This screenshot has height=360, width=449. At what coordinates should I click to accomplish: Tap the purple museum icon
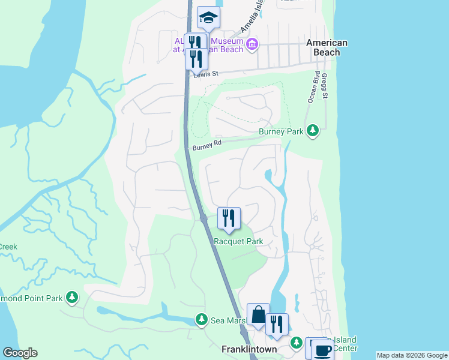tap(253, 43)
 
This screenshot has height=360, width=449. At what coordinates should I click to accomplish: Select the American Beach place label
tap(327, 47)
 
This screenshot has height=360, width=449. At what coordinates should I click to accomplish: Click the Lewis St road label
tap(205, 73)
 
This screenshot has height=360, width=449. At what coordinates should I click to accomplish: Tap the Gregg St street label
tap(325, 87)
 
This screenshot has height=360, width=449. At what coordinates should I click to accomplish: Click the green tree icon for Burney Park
tap(312, 130)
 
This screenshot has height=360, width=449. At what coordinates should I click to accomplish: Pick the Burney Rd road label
tap(207, 145)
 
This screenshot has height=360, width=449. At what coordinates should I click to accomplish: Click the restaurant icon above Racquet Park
tap(228, 218)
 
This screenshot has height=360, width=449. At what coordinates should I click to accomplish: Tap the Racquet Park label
tap(239, 241)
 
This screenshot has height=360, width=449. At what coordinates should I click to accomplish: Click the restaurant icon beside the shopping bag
tap(277, 325)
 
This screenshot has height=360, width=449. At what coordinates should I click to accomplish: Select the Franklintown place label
tap(249, 349)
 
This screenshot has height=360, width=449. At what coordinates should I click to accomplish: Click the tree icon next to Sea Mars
tap(202, 320)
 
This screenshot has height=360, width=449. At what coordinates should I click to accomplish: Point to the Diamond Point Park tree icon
tap(72, 296)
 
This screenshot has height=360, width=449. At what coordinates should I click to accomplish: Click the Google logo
tap(20, 353)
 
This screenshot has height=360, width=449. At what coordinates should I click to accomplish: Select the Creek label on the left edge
tap(8, 247)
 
